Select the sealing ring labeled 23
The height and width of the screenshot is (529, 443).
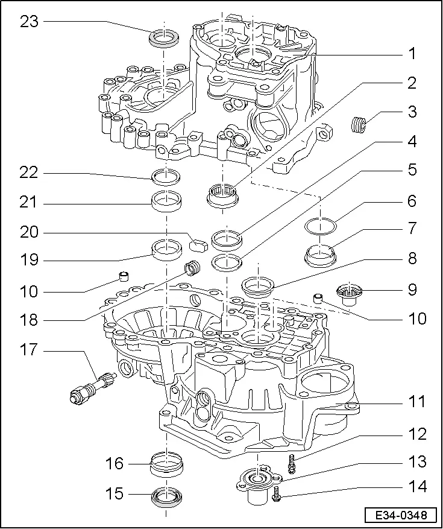click(x=163, y=37)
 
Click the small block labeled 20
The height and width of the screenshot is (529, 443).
click(x=198, y=245)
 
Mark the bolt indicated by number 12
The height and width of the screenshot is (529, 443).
click(x=292, y=464)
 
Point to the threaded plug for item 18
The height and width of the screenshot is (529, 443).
click(x=193, y=266)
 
